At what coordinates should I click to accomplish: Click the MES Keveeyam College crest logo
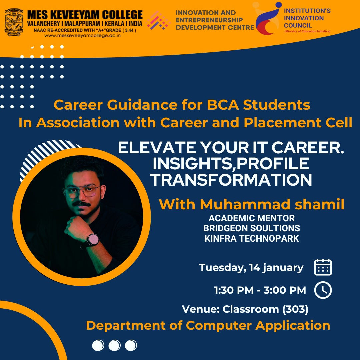tap(14, 22)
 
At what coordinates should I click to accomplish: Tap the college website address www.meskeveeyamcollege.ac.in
tap(82, 36)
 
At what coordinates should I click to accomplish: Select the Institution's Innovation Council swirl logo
tap(267, 18)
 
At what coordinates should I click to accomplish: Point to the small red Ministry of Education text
tap(307, 31)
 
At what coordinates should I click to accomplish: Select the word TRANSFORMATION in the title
tap(231, 180)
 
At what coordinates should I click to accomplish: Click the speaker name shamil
tap(319, 204)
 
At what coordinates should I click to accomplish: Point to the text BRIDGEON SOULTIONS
tap(252, 228)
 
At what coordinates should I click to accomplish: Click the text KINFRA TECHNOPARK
tap(252, 239)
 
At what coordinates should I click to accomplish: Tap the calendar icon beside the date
tap(323, 267)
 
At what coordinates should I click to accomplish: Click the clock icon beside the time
tap(323, 290)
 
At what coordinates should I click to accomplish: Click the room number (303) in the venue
tap(295, 309)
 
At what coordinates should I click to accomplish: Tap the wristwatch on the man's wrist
tap(93, 240)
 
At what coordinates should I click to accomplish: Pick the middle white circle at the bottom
tap(114, 345)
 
